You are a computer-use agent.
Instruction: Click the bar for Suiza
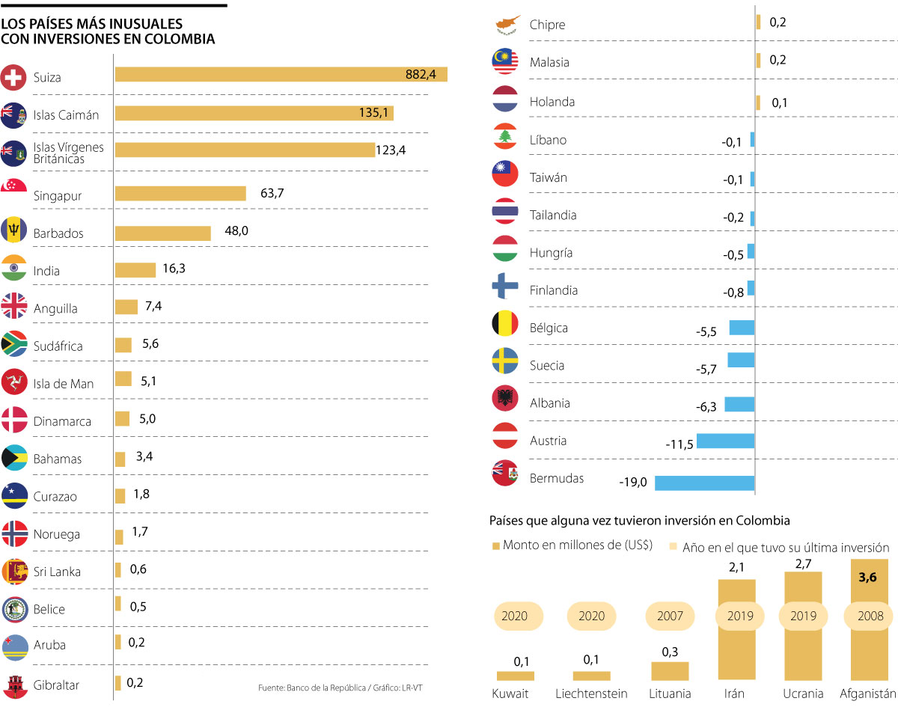[x=281, y=75]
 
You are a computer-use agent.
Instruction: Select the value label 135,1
[x=375, y=113]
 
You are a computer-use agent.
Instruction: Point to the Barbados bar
[x=162, y=233]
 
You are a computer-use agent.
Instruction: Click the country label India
[x=46, y=271]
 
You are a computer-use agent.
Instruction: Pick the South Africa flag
[x=15, y=344]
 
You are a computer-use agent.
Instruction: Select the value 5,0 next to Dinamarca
[x=147, y=419]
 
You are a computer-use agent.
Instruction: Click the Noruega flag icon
[x=15, y=533]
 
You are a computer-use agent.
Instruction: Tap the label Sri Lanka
[x=57, y=572]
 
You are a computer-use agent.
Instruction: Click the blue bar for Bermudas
[x=704, y=483]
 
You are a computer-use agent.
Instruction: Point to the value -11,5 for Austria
[x=679, y=444]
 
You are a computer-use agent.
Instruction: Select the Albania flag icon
[x=505, y=399]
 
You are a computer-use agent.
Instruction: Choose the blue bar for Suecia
[x=741, y=360]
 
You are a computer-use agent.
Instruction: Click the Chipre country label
[x=547, y=25]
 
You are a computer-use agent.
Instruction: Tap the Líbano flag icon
[x=505, y=136]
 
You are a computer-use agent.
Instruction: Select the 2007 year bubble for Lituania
[x=670, y=616]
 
